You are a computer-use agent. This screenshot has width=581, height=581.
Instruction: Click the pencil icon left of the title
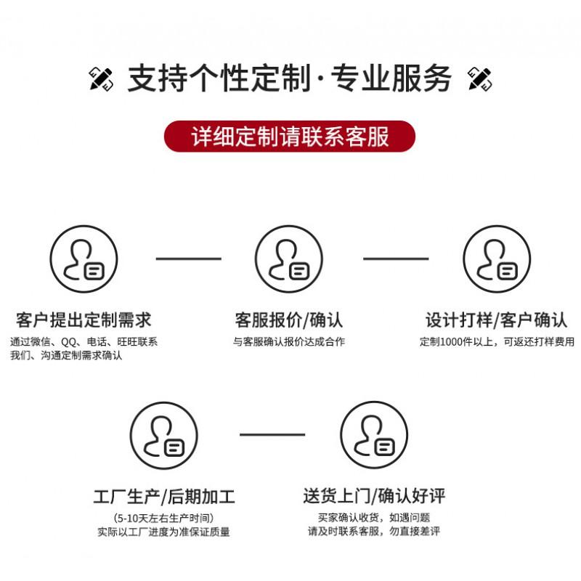[x=101, y=78]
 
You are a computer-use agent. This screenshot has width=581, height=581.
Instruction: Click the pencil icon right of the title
[x=480, y=78]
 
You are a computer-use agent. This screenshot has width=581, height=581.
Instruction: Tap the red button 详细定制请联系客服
[x=289, y=136]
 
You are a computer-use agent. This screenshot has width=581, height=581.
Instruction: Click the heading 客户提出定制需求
[x=84, y=320]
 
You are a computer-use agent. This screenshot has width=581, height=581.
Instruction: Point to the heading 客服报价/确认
[x=289, y=320]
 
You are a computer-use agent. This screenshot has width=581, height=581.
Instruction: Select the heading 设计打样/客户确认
[x=497, y=320]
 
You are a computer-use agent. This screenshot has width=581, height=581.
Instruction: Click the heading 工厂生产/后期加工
[x=164, y=497]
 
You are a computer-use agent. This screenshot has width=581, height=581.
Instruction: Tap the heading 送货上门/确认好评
[x=374, y=496]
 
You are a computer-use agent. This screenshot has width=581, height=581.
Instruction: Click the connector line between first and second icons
[x=189, y=259]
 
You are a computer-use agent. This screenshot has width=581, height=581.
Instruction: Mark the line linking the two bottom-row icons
[x=272, y=434]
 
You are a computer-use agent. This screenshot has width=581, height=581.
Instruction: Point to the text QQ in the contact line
[x=68, y=341]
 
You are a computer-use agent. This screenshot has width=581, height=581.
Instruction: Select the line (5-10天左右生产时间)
[x=163, y=518]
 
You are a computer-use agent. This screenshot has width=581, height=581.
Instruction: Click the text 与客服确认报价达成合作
[x=289, y=341]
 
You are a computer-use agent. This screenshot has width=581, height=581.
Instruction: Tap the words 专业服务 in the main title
[x=391, y=78]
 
